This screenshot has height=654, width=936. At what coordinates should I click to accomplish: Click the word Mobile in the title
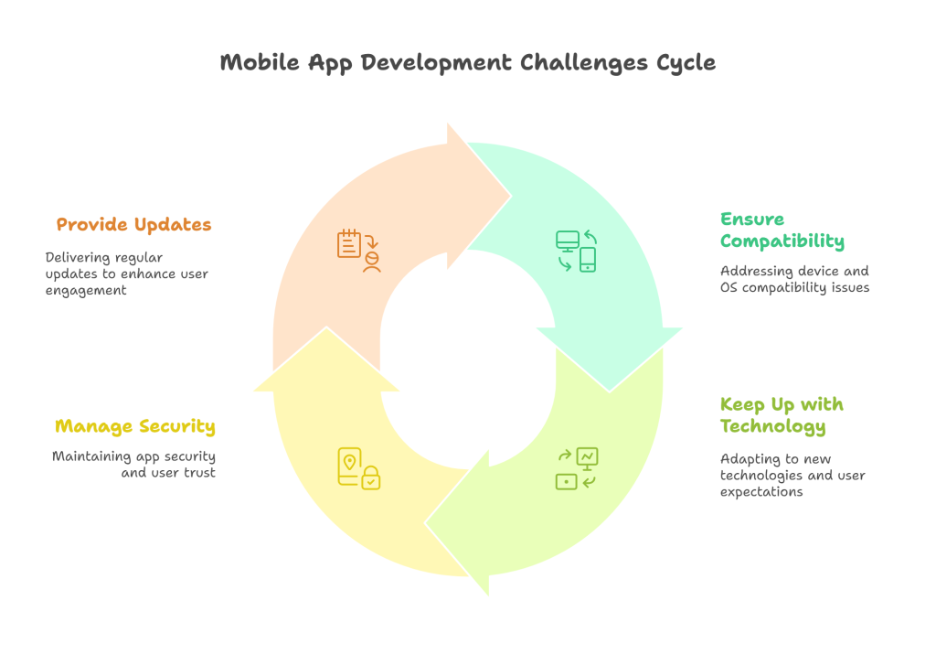click(x=260, y=62)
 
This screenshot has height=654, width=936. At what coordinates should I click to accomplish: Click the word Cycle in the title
click(x=686, y=63)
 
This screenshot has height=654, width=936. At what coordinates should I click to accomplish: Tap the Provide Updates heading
click(x=133, y=225)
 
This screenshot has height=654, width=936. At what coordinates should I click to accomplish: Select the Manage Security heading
click(x=135, y=426)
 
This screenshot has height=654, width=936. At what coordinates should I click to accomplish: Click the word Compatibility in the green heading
click(x=782, y=241)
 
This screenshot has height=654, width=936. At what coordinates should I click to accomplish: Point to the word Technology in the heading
click(x=773, y=426)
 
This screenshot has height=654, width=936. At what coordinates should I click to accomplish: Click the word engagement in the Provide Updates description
click(x=86, y=291)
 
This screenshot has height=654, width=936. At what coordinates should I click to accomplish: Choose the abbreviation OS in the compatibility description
click(x=729, y=287)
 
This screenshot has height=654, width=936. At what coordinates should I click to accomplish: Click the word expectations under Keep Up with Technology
click(x=761, y=492)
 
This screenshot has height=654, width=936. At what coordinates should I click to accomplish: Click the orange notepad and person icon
click(x=358, y=251)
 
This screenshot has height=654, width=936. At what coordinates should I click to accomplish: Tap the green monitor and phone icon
click(x=576, y=251)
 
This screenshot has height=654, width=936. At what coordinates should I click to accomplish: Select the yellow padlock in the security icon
click(x=371, y=477)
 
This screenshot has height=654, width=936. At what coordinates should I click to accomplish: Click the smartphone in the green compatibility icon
click(x=588, y=260)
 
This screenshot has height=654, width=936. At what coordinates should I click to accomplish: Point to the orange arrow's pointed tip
click(x=512, y=196)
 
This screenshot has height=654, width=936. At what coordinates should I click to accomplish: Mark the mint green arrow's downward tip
click(x=610, y=391)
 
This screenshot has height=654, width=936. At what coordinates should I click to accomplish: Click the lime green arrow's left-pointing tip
click(x=425, y=524)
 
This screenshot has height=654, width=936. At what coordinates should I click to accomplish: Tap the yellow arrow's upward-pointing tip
click(x=326, y=327)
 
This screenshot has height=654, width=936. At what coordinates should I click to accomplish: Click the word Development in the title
click(x=436, y=63)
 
